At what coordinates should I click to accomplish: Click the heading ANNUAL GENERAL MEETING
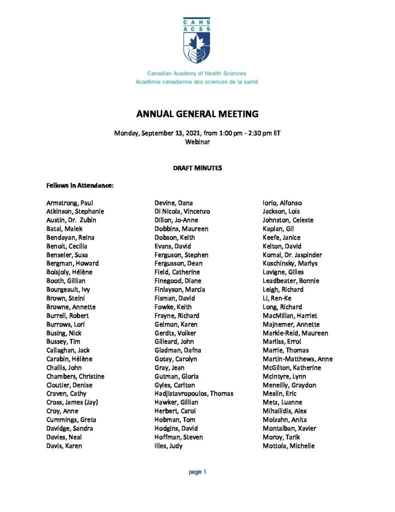197,114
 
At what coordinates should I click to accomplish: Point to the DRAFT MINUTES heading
197,168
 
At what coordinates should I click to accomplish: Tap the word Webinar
197,141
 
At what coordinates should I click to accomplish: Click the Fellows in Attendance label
80,185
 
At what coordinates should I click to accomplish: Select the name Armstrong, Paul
69,202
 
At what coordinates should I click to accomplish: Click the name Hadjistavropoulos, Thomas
194,393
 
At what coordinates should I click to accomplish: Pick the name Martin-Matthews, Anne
298,359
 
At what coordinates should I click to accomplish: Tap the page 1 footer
197,472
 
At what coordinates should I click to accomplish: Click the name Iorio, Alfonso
282,202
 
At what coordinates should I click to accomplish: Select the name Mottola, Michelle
289,445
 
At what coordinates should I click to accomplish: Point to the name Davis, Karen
64,445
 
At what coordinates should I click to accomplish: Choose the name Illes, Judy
169,445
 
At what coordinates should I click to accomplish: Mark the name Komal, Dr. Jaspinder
292,254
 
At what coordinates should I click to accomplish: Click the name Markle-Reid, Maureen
295,333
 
